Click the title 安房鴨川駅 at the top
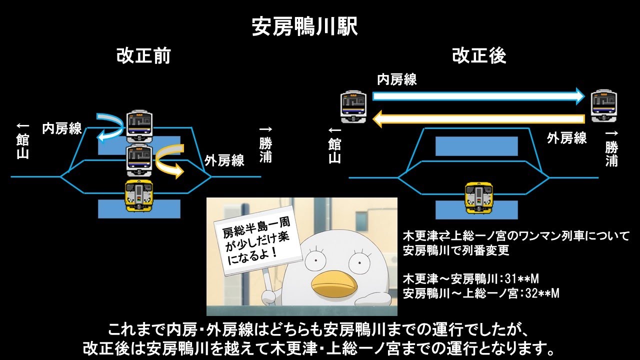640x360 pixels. [x=304, y=27]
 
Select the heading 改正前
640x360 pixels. [x=143, y=55]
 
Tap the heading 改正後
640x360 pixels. [x=479, y=55]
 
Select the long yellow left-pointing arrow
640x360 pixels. [x=478, y=119]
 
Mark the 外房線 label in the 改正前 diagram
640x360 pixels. [x=224, y=161]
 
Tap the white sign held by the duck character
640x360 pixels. [x=257, y=243]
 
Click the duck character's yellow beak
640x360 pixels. [x=334, y=283]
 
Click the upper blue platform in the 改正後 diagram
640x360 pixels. [x=476, y=146]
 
